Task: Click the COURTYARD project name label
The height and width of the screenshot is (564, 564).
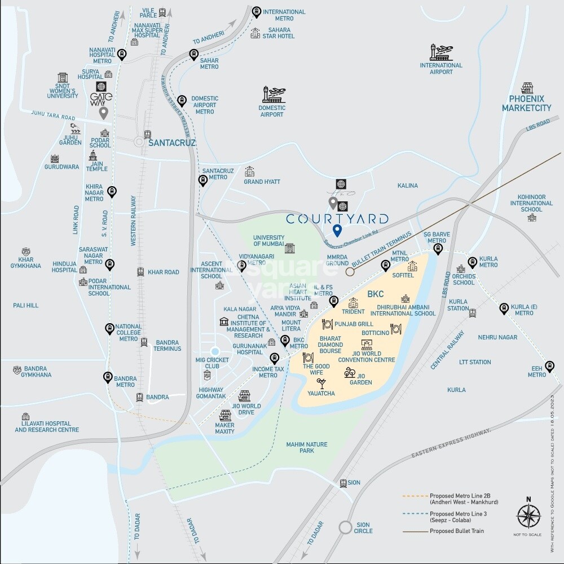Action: click(337, 218)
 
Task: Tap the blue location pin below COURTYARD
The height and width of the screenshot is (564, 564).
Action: click(337, 230)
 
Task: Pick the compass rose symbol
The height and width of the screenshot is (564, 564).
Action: click(528, 516)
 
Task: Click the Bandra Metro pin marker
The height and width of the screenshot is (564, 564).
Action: click(107, 377)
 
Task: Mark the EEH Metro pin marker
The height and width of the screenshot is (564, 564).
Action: click(549, 365)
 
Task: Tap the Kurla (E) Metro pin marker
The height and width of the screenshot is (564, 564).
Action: click(504, 308)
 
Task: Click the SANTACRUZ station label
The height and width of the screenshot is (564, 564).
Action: click(171, 143)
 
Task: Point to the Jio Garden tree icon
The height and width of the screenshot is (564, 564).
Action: click(350, 373)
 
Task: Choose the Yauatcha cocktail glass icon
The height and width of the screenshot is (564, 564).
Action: click(321, 383)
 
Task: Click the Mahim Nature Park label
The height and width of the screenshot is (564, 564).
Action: click(306, 448)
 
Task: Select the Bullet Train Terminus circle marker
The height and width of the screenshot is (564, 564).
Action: click(350, 272)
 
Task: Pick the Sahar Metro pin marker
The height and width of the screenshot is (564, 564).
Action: click(193, 55)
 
